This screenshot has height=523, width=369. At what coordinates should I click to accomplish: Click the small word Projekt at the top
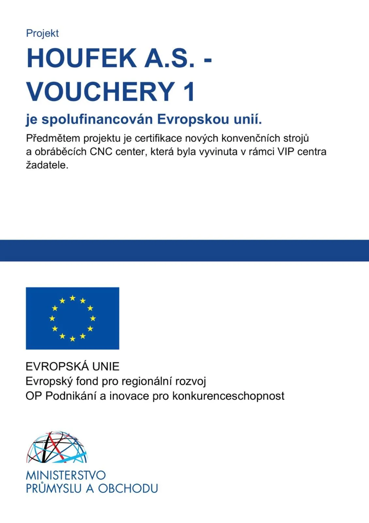[x=42, y=33]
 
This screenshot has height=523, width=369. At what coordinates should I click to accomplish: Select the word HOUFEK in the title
[x=82, y=58]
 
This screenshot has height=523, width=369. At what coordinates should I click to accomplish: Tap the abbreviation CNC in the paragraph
[x=101, y=152]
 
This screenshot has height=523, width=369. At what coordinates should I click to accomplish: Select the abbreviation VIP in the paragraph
[x=286, y=152]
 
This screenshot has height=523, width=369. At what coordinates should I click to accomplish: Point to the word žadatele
[x=47, y=165]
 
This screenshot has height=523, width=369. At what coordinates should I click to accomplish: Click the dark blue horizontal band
[x=184, y=250]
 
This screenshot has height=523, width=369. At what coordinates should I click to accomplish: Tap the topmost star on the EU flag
[x=72, y=298]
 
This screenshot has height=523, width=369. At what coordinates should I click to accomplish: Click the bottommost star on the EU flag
[x=72, y=339]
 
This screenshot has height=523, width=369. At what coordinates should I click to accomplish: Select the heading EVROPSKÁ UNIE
[x=72, y=366]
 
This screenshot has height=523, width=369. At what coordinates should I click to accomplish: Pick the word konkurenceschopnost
[x=228, y=396]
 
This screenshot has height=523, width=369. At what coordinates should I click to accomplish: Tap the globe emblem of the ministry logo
[x=57, y=447]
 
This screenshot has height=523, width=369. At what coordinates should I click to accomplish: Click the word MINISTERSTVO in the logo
[x=66, y=475]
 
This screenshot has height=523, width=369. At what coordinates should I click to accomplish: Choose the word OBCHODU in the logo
[x=128, y=488]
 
